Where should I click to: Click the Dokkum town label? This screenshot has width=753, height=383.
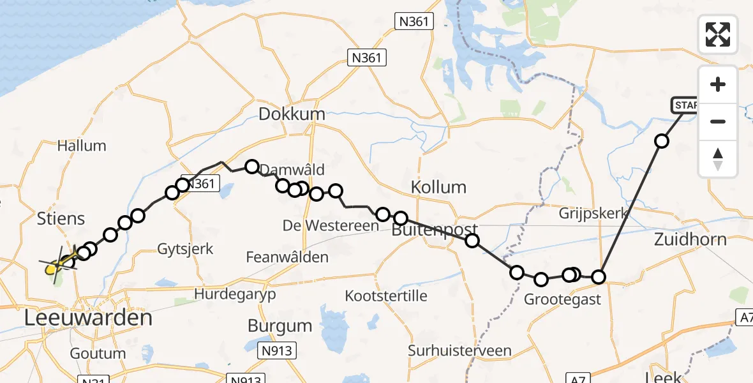click(292, 114)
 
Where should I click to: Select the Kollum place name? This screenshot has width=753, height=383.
click(438, 188)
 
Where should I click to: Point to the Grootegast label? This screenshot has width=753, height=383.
click(562, 299)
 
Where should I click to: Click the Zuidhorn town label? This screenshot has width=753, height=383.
click(690, 239)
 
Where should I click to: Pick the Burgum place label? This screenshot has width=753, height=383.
click(280, 326)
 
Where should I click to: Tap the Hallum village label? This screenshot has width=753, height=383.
click(82, 146)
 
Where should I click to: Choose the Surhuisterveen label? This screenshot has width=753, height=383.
click(460, 350)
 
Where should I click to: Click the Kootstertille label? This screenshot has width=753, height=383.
click(386, 296)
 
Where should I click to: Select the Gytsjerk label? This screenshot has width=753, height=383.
click(186, 249)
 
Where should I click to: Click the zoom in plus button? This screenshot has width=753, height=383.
click(718, 84)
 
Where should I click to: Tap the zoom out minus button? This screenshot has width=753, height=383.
click(718, 121)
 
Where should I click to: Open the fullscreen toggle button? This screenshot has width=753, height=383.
click(718, 34)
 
